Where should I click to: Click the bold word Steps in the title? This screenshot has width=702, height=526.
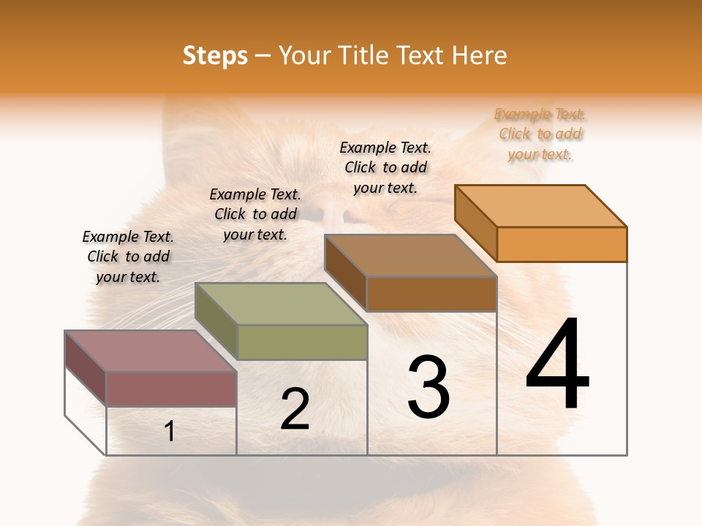[x=215, y=56]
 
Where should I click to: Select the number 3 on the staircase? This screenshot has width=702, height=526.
[x=429, y=387]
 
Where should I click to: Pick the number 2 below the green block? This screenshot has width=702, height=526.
[x=295, y=409]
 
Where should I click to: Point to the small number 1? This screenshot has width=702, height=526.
[x=170, y=432]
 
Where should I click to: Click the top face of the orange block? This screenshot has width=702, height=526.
[x=541, y=206]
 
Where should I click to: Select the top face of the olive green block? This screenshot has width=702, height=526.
[x=282, y=304]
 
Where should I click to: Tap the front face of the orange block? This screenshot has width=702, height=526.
[x=562, y=244]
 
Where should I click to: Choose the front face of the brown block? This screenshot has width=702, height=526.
[x=431, y=294]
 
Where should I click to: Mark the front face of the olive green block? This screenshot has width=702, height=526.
[x=302, y=342]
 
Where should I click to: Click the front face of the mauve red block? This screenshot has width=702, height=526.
[x=171, y=389]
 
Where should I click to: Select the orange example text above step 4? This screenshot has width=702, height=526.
[x=540, y=134]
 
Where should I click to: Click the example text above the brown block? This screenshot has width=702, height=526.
[x=385, y=167]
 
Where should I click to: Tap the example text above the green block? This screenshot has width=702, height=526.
[x=255, y=214]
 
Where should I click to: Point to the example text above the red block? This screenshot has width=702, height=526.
[x=128, y=256]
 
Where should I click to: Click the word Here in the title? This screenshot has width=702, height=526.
[x=480, y=56]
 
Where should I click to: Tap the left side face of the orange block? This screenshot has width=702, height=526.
[x=475, y=223]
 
